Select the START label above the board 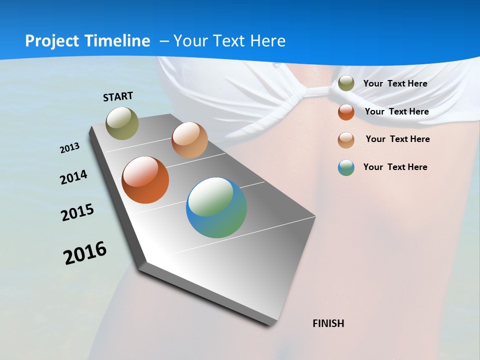(118, 96)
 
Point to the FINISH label (328, 323)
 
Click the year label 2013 (69, 148)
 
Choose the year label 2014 (73, 177)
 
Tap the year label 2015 (77, 212)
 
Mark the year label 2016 (85, 253)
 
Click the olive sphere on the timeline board (122, 123)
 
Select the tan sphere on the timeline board (189, 140)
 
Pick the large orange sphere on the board (145, 180)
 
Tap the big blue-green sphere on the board (216, 207)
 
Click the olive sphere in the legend (346, 83)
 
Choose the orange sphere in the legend (346, 112)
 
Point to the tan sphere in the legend (346, 140)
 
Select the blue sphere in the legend (346, 167)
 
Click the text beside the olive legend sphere (395, 83)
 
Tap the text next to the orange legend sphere (396, 111)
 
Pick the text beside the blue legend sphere (395, 167)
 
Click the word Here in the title (268, 41)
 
